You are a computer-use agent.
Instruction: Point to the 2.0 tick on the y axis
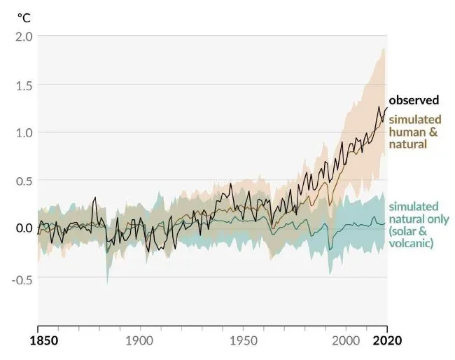click(23, 36)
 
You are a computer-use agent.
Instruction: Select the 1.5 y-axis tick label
click(23, 85)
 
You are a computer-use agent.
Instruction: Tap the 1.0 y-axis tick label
click(23, 132)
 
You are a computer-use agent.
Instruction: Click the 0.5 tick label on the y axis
click(23, 180)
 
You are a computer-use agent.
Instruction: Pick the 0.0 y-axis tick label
click(23, 228)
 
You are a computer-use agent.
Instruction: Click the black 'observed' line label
click(414, 100)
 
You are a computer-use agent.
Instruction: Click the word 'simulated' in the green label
click(413, 207)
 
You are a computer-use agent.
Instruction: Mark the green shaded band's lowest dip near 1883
click(107, 282)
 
